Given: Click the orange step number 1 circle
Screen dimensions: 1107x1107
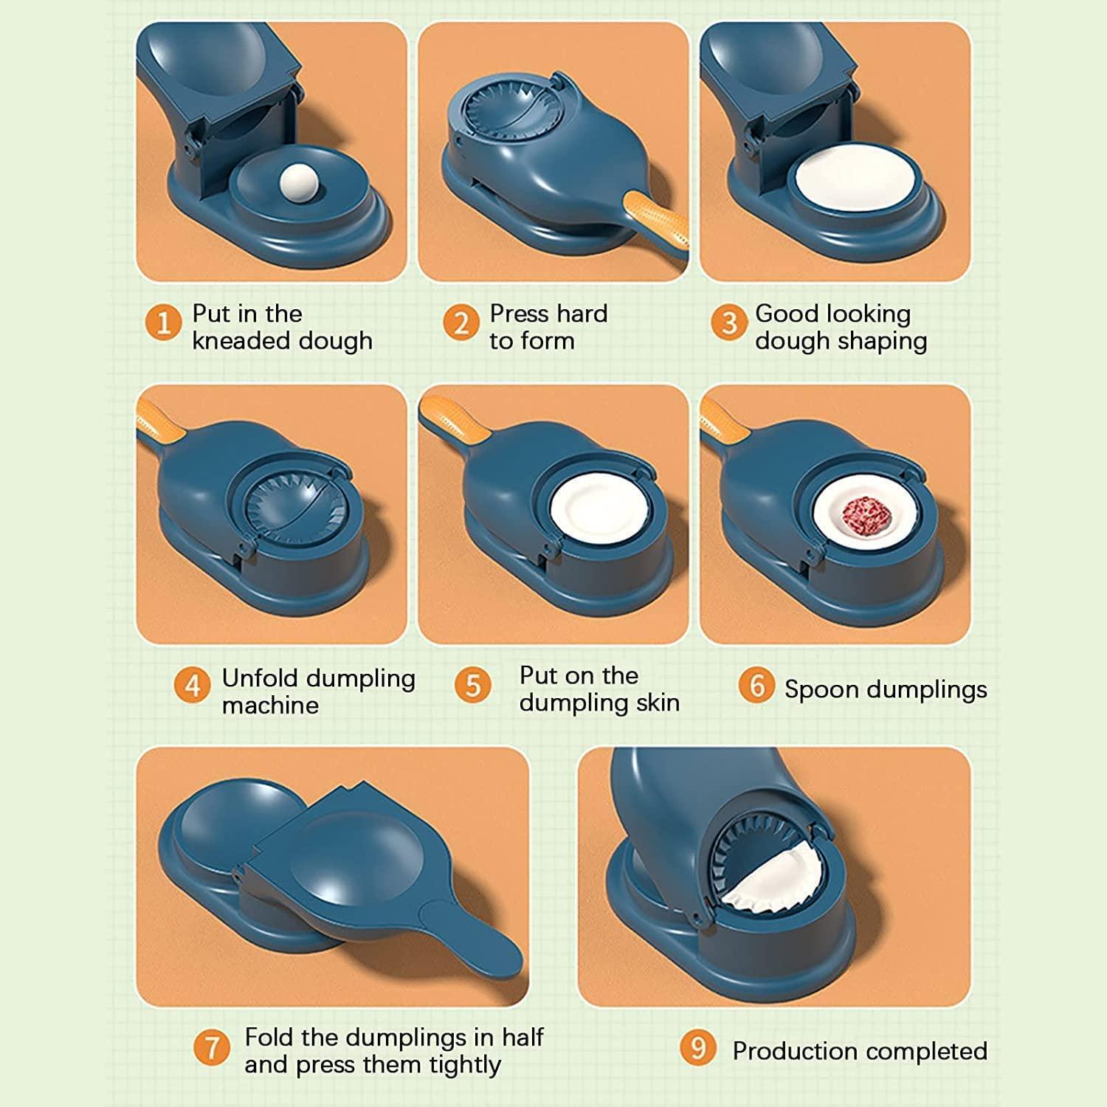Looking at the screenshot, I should click(163, 323).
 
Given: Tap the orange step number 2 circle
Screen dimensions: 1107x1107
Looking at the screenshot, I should click(461, 323).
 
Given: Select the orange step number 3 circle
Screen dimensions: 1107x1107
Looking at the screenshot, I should click(729, 323).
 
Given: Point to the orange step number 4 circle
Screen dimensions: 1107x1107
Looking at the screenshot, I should click(193, 686).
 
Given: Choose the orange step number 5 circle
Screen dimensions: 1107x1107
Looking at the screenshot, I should click(473, 686).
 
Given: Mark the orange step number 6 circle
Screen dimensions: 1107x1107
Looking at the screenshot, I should click(756, 686).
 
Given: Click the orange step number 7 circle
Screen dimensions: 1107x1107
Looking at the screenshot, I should click(212, 1048).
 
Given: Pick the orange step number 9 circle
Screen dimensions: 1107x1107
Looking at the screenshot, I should click(698, 1048).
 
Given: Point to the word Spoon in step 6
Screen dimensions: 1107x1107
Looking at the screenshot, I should click(821, 690).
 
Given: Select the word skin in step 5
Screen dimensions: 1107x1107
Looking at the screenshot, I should click(658, 703).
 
